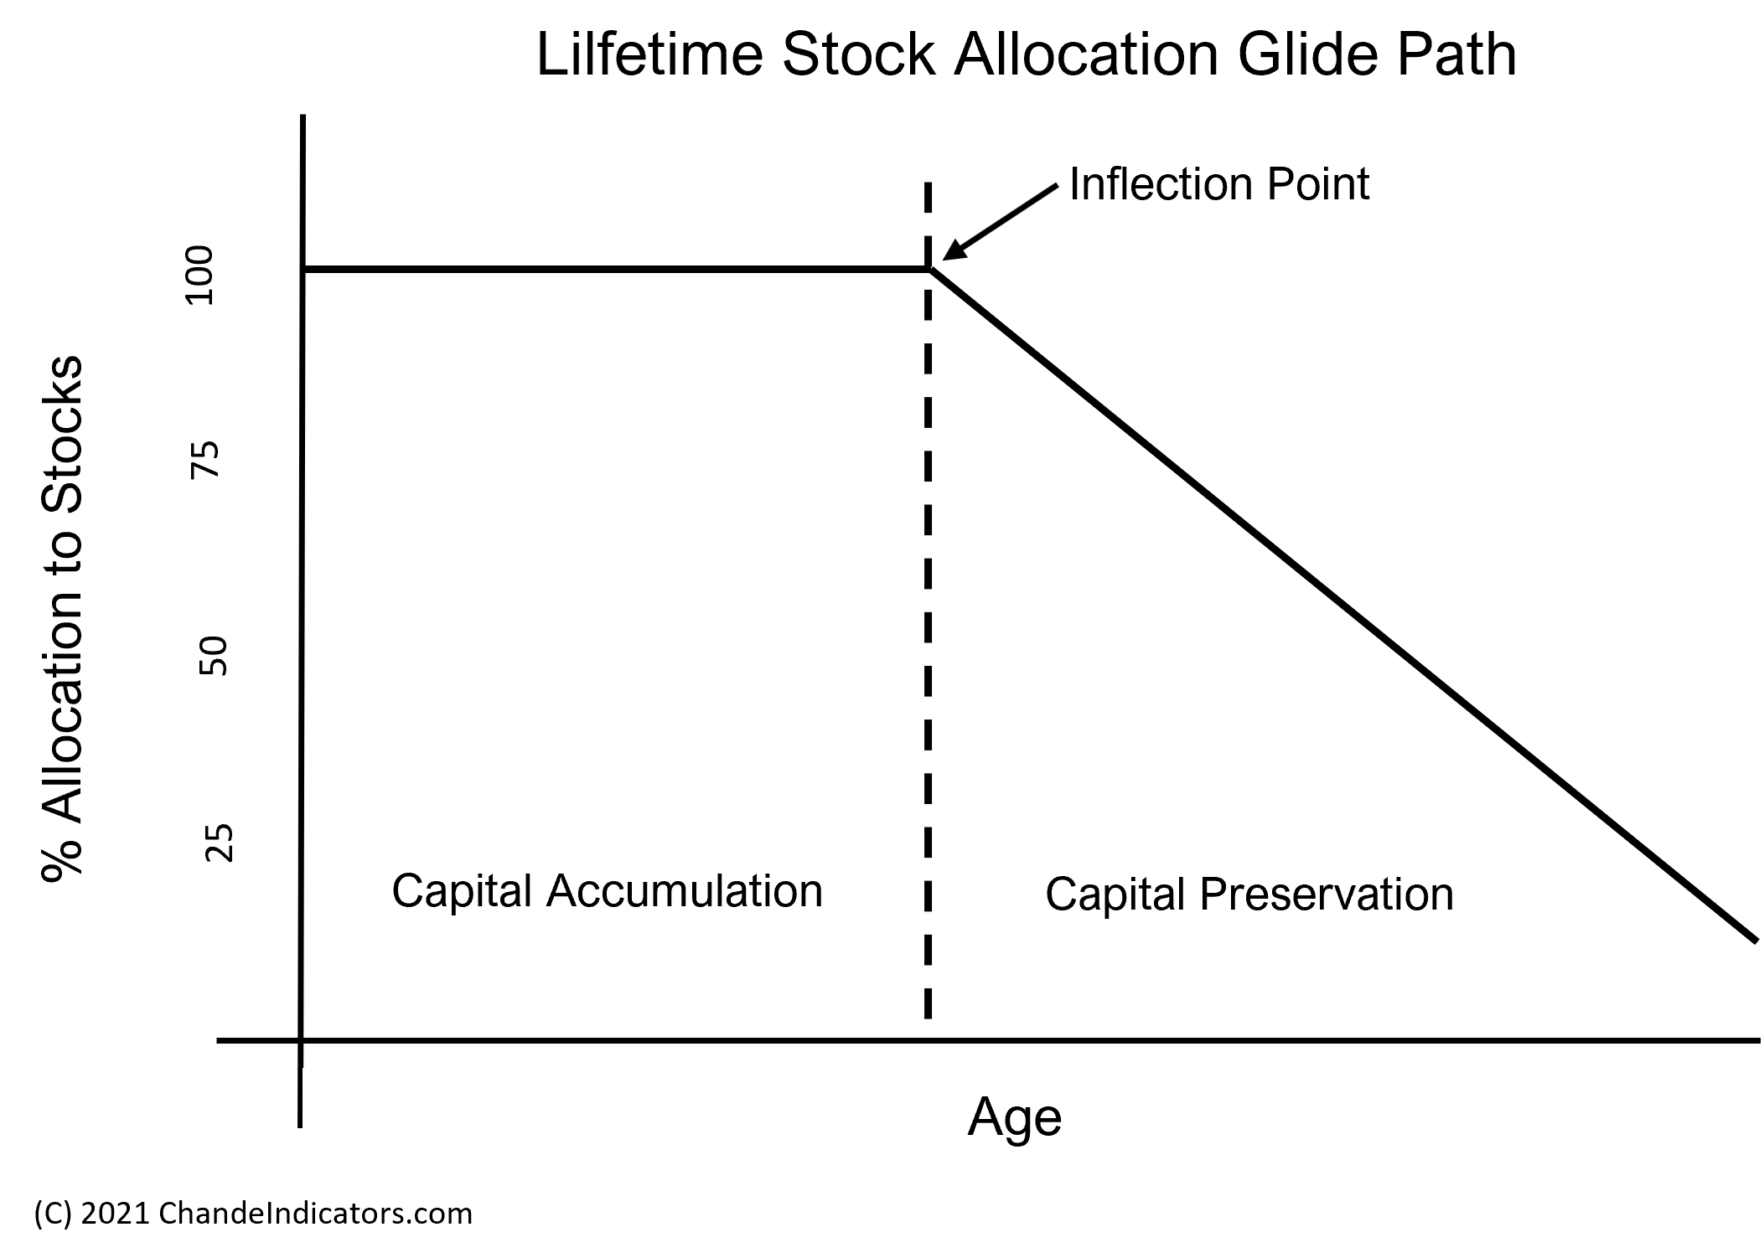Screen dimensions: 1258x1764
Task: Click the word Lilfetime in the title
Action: pos(649,54)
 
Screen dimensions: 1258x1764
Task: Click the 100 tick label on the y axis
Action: pos(199,276)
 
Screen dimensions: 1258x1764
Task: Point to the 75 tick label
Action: pos(204,460)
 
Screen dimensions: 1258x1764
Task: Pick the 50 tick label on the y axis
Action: pos(213,656)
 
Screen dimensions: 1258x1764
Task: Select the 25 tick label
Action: pos(219,843)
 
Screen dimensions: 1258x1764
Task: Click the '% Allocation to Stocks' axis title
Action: pos(62,618)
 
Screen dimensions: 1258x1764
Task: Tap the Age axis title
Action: pos(1015,1116)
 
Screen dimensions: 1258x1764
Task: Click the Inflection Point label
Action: pos(1219,183)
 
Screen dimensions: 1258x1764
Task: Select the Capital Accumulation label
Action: pos(608,889)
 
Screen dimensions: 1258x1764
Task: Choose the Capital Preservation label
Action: pos(1249,893)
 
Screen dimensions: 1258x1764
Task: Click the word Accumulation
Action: pos(685,889)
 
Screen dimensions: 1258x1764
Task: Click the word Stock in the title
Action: pos(857,54)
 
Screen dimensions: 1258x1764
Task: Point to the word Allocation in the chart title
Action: pos(1085,54)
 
